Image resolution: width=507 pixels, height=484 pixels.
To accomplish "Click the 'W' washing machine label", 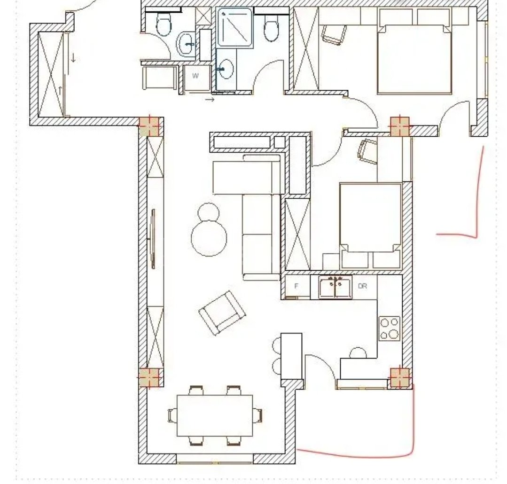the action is point(195,76).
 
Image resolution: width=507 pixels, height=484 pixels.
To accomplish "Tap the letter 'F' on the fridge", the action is point(296,286).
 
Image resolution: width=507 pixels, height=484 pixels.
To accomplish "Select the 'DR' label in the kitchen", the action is point(362,286).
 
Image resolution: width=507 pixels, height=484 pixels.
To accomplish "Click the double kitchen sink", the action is point(335,287).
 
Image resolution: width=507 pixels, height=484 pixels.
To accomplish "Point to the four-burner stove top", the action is point(390,328).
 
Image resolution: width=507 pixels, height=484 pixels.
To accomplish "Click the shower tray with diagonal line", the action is point(235,27).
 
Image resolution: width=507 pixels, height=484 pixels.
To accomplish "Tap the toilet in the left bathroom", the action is point(164,24).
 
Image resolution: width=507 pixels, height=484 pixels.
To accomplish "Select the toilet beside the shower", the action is point(271,29).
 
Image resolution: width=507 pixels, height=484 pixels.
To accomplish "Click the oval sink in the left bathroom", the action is point(186,45).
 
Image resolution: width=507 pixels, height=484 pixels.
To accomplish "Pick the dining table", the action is point(215,415).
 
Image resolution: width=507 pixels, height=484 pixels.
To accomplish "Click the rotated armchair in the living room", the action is point(222,312).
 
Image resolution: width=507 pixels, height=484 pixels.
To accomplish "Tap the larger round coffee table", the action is point(209,238).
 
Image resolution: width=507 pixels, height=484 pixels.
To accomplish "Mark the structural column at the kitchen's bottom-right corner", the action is point(400,377).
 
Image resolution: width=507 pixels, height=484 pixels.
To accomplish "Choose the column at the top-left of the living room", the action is point(149,126).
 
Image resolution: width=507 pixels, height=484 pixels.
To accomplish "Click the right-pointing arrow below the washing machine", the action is point(210,99).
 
